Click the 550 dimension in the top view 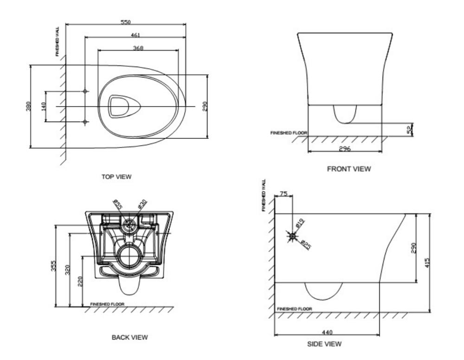click(x=126, y=22)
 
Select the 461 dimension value click(x=135, y=35)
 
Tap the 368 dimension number click(x=138, y=48)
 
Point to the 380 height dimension click(x=28, y=106)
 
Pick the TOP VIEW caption click(x=116, y=177)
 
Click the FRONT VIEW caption click(x=349, y=169)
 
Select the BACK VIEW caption click(x=130, y=337)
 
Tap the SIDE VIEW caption click(x=325, y=344)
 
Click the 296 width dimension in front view click(x=344, y=149)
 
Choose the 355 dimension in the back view click(x=54, y=266)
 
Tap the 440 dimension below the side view click(x=327, y=332)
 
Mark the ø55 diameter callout click(x=117, y=205)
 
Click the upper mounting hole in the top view click(x=85, y=91)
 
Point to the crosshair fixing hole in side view click(x=292, y=236)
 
